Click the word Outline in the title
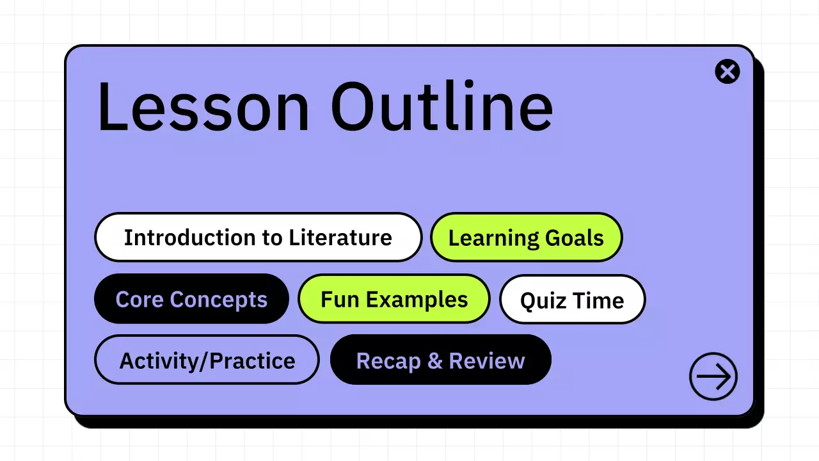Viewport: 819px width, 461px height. (x=441, y=106)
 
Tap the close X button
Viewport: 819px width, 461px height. (x=728, y=71)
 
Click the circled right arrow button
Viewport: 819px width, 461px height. (x=713, y=376)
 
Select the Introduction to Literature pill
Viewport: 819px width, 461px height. (x=258, y=238)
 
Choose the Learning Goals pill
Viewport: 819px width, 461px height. (x=526, y=238)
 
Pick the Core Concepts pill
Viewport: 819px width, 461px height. (x=191, y=299)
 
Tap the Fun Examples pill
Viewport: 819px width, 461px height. (x=394, y=299)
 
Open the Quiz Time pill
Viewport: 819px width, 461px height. (x=572, y=300)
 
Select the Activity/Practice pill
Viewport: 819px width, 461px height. (x=207, y=360)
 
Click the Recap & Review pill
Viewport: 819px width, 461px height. (x=440, y=360)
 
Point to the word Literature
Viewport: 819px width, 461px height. (x=340, y=238)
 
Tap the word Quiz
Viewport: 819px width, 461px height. (x=542, y=300)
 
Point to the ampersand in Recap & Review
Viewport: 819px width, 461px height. (x=434, y=360)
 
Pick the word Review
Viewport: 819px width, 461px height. (x=487, y=360)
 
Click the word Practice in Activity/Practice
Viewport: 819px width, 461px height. (x=252, y=360)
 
